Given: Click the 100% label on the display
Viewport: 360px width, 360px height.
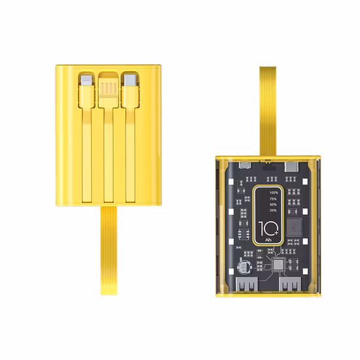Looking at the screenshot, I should [272, 192].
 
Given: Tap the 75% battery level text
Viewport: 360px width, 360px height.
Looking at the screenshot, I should [272, 200].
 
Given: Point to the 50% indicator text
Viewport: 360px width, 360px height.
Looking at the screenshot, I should [272, 207].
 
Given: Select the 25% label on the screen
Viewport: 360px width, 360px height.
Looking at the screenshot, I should [272, 215].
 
